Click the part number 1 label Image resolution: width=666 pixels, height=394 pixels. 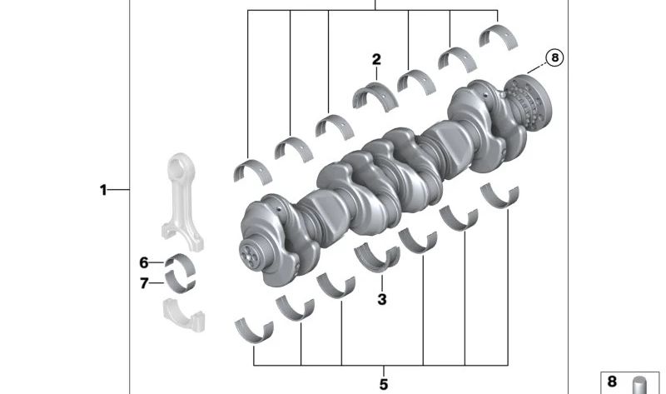click(103, 190)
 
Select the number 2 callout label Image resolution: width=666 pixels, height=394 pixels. click(376, 60)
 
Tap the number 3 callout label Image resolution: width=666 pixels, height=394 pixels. click(382, 299)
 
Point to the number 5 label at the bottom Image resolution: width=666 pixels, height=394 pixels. click(384, 384)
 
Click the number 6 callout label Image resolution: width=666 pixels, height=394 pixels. click(144, 262)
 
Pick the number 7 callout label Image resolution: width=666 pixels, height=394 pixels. click(144, 283)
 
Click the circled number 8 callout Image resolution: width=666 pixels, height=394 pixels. click(554, 57)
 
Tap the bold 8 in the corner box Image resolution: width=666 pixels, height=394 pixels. click(612, 382)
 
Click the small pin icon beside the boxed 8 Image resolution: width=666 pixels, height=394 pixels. click(640, 385)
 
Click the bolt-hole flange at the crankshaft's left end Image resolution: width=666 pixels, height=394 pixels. click(249, 249)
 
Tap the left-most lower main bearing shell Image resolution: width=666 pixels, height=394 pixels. click(252, 330)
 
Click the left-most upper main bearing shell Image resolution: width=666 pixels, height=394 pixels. click(251, 169)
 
